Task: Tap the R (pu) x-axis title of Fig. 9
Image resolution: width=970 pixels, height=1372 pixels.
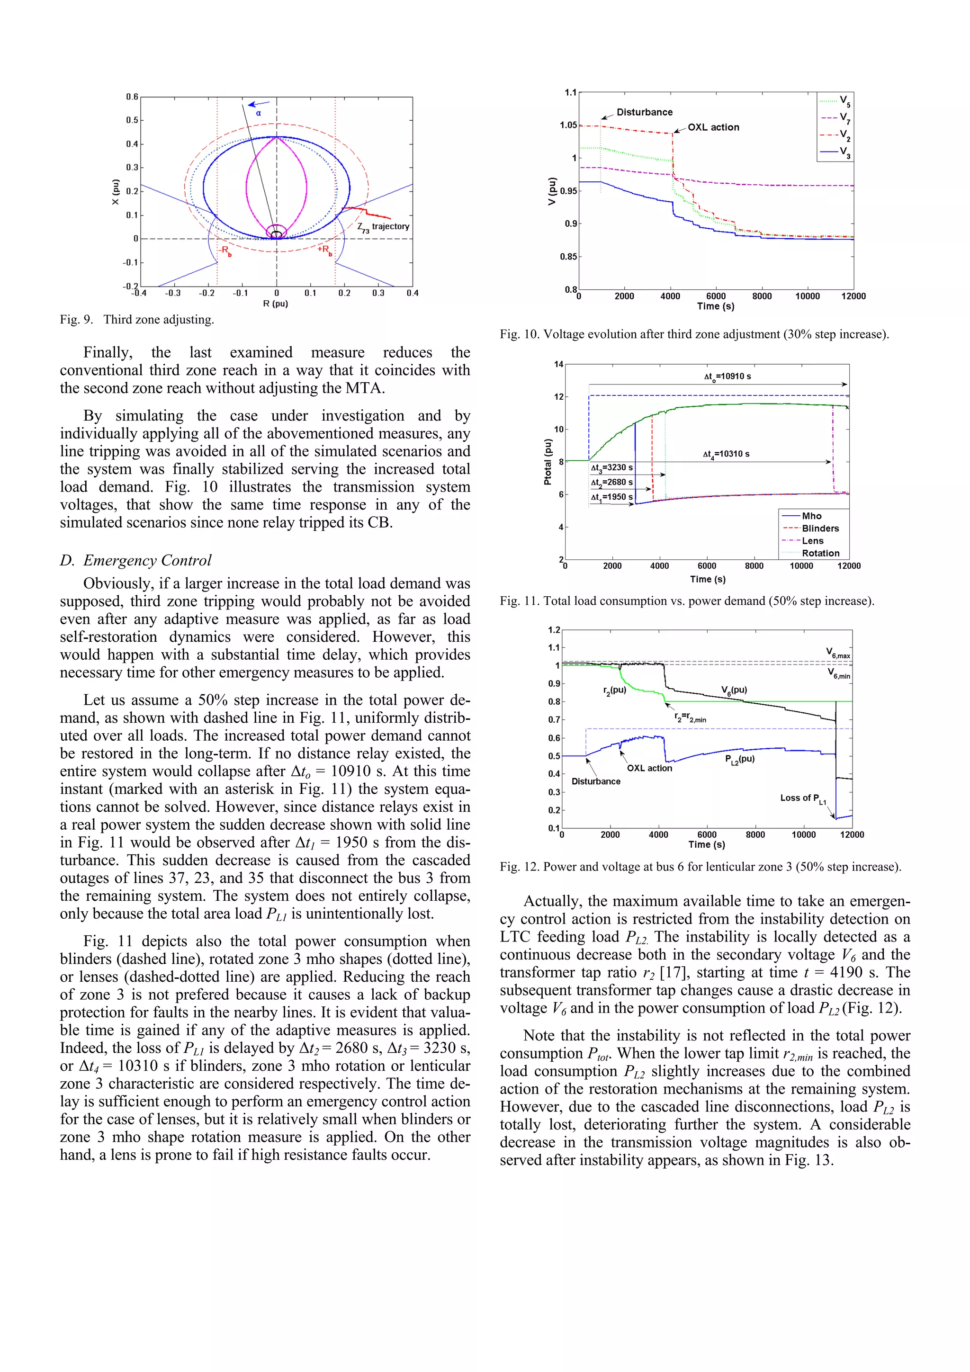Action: pos(276,304)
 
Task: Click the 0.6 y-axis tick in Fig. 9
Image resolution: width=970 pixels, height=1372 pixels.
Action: pos(132,97)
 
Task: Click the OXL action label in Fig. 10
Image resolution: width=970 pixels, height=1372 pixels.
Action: pos(713,127)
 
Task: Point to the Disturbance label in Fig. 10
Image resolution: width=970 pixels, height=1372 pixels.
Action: pos(644,112)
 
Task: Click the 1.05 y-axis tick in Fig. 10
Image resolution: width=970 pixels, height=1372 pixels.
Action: pos(568,125)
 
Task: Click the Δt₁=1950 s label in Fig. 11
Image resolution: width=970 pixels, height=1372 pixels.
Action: pos(611,497)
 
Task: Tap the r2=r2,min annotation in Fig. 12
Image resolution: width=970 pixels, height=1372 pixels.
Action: pos(690,717)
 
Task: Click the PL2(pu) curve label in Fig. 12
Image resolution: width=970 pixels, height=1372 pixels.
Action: pos(739,760)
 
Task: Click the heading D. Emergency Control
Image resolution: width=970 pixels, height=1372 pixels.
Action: pos(135,561)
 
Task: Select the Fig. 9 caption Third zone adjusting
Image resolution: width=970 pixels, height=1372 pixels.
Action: pos(137,320)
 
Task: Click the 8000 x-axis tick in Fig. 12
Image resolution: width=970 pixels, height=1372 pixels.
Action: pos(755,835)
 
